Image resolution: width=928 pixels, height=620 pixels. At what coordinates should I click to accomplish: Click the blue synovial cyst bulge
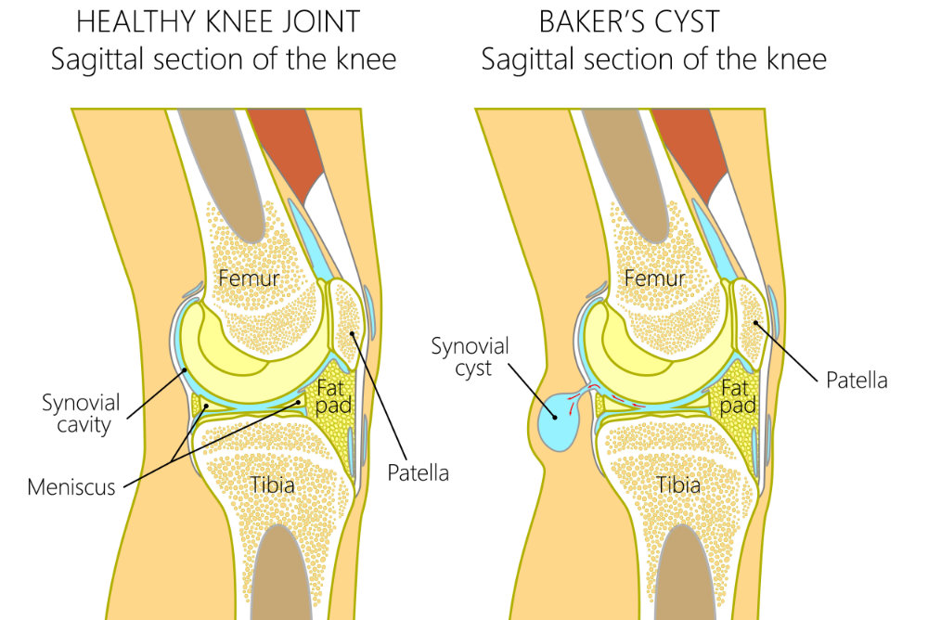pos(557,421)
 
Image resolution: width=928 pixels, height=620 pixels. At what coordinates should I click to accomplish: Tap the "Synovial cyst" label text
pos(470,357)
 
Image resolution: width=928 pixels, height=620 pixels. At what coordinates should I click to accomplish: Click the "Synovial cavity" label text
pos(81,413)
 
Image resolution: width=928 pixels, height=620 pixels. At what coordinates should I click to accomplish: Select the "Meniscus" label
pos(71,486)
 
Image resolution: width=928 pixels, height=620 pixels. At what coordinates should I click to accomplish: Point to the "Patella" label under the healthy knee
pos(418,472)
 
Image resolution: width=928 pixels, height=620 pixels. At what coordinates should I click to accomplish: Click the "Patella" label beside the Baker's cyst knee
pos(857,381)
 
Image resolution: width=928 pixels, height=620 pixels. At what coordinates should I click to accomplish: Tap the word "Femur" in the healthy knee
pos(249,278)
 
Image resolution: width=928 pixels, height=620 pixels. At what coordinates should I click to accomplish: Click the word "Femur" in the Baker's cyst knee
pos(654,278)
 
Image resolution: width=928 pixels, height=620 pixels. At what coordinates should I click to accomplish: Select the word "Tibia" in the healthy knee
pos(272,485)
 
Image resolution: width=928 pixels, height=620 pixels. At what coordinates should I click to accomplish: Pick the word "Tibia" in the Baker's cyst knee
pos(678,485)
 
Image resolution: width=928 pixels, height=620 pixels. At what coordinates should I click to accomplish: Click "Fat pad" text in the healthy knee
pos(333,396)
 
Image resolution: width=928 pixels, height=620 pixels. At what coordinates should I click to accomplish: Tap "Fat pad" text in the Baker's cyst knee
pos(738,396)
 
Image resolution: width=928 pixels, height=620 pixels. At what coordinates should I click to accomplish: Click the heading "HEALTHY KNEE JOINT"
pos(218,22)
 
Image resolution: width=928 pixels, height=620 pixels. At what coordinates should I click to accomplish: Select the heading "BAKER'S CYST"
pos(629,22)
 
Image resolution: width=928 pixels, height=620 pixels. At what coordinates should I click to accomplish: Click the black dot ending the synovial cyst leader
pos(555,417)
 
